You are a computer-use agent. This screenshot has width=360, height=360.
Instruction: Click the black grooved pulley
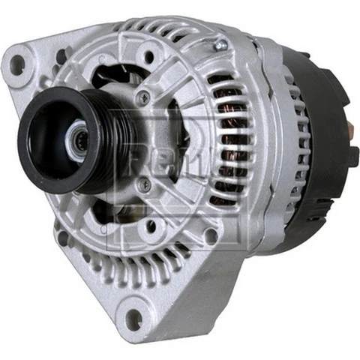[x=56, y=142]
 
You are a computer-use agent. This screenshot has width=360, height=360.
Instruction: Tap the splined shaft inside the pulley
[x=77, y=139]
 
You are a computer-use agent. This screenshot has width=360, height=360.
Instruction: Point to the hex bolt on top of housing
[x=220, y=46]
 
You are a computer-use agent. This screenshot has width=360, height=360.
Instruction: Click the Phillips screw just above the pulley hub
[x=143, y=96]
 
